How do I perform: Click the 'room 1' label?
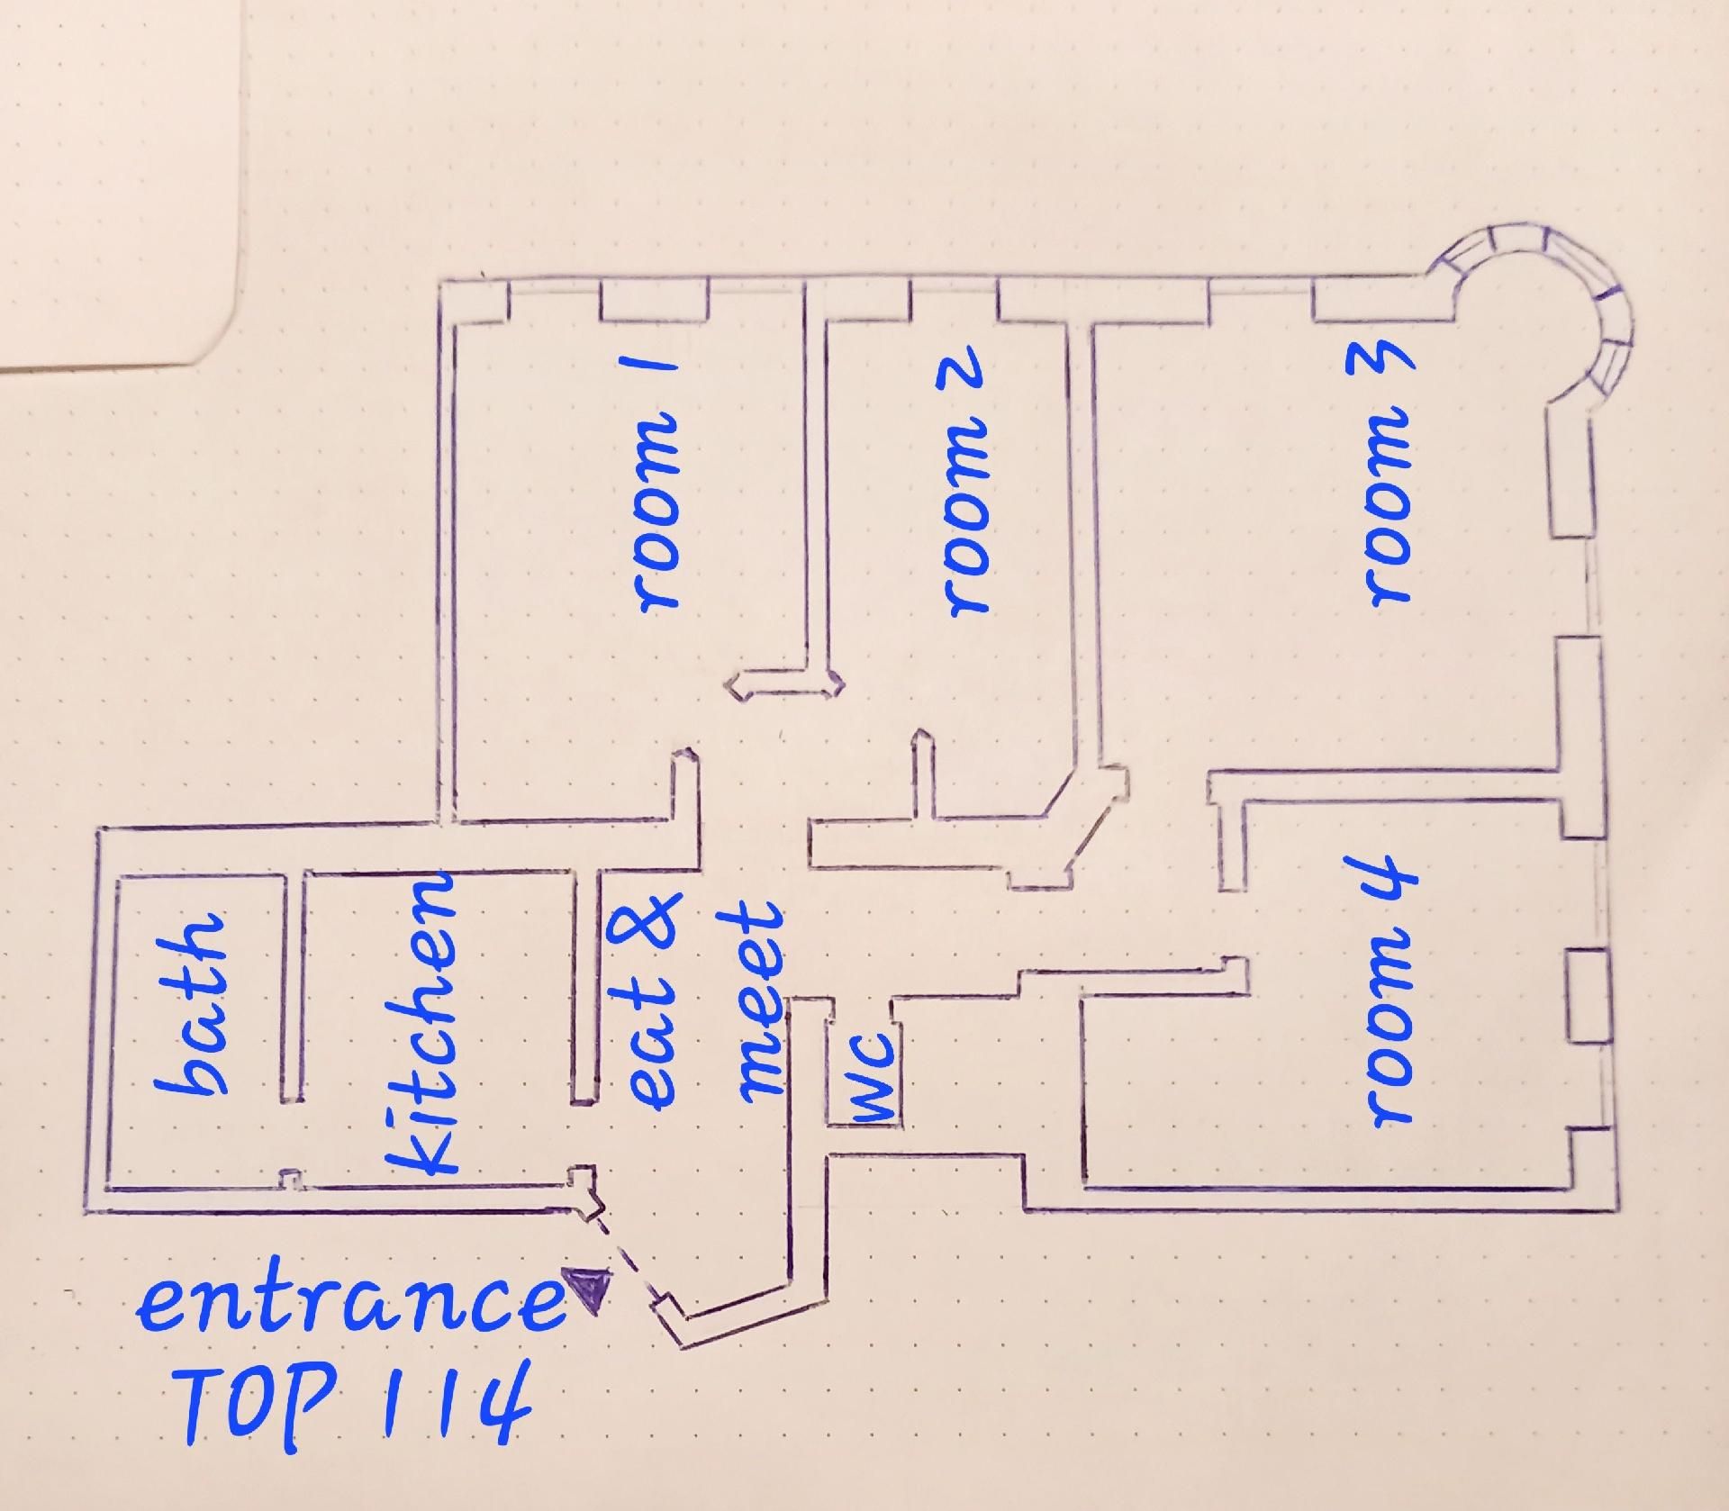coord(657,486)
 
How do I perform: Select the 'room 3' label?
coord(1387,477)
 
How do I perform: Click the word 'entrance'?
coord(351,1305)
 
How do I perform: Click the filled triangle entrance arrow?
coord(587,1289)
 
